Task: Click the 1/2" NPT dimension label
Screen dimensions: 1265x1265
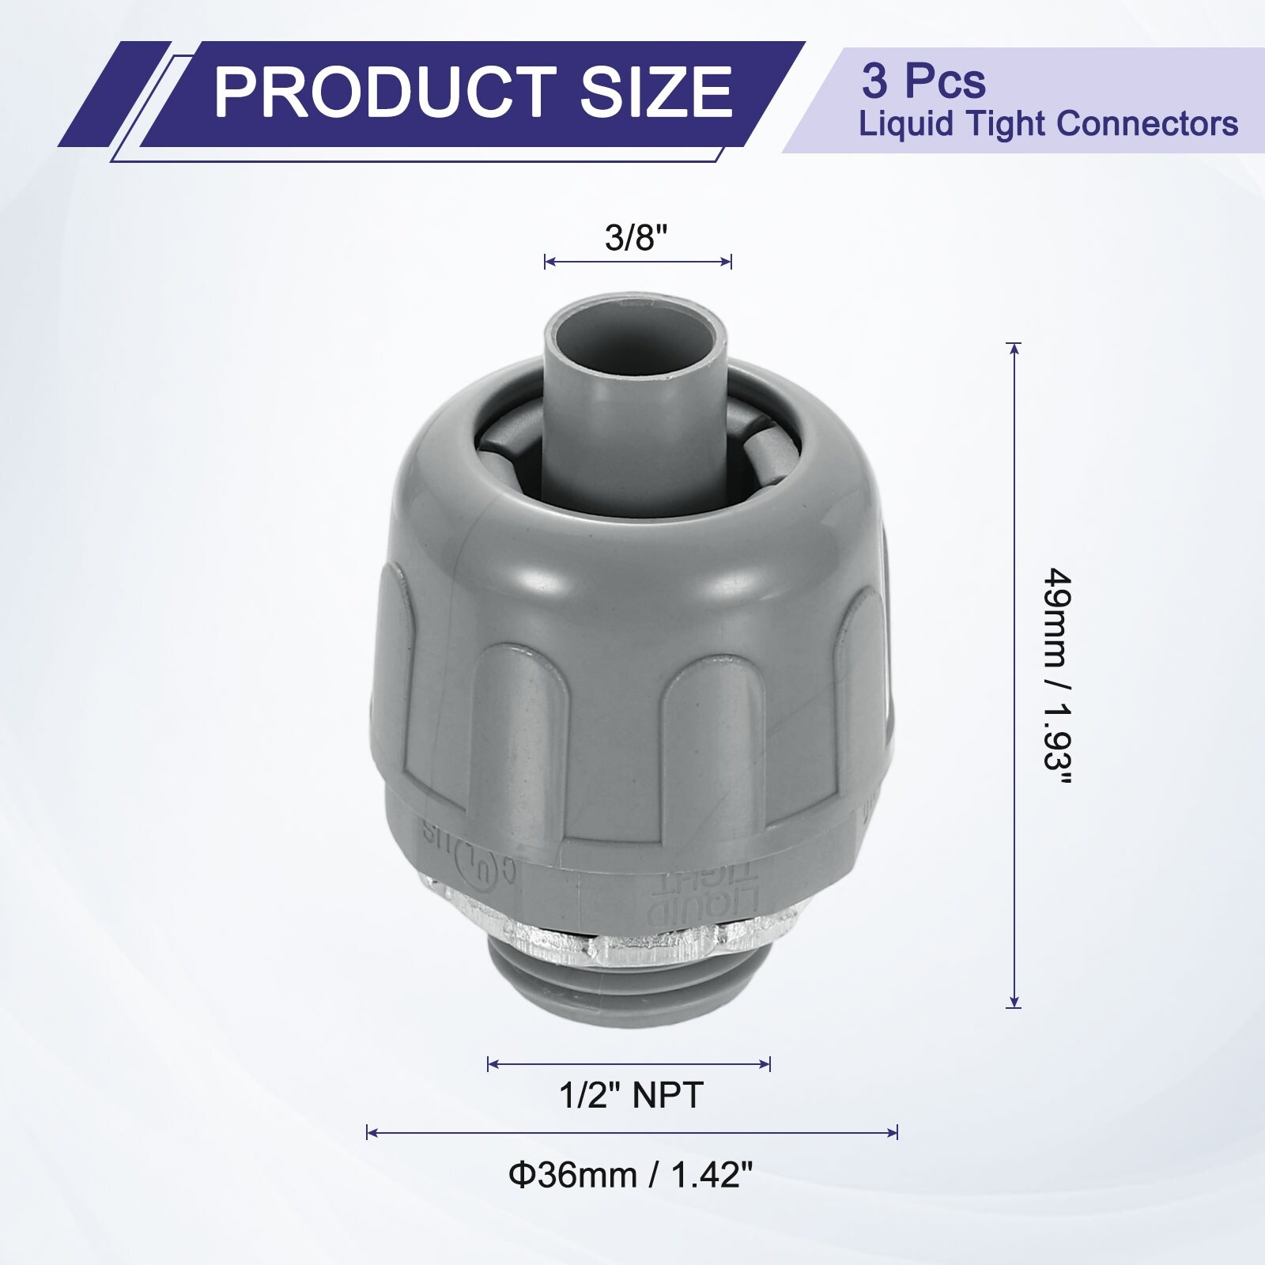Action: (x=631, y=1095)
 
